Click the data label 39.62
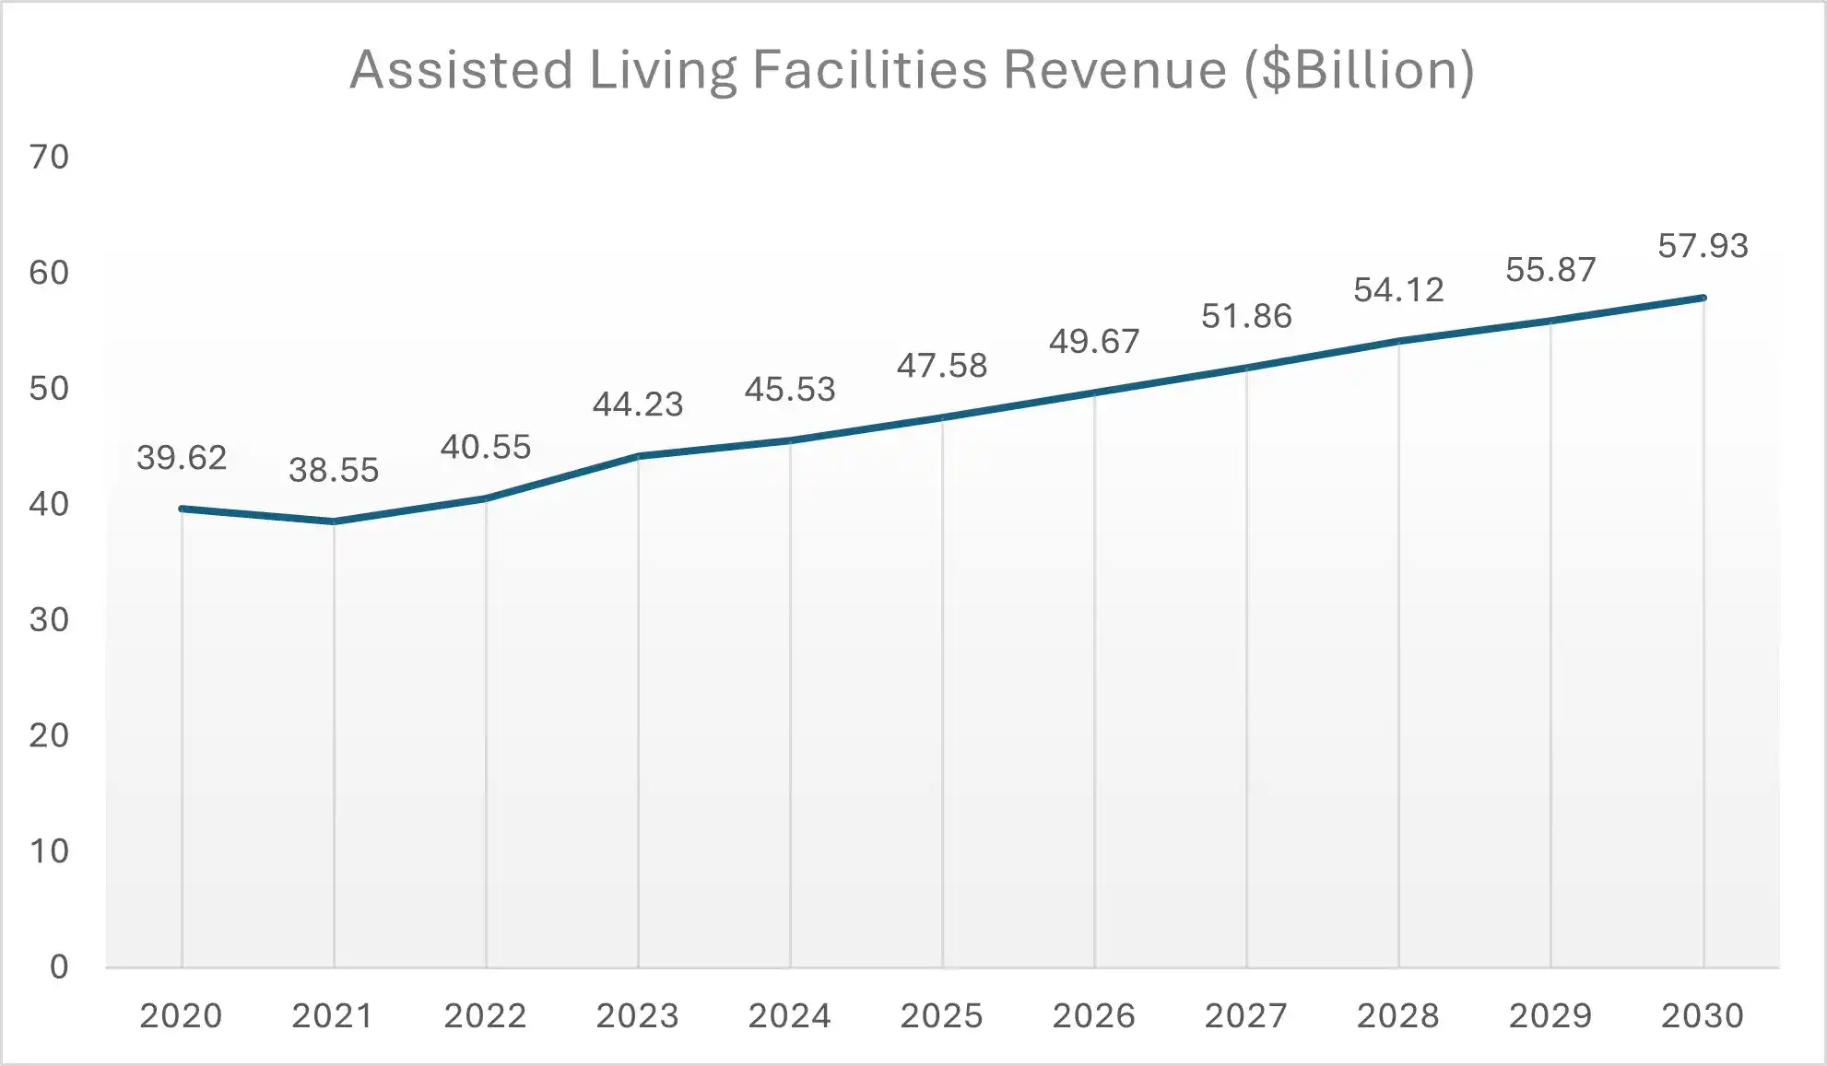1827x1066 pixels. [x=182, y=458]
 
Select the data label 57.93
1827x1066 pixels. [x=1703, y=246]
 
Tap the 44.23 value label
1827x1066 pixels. [x=638, y=404]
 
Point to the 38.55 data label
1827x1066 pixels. [x=334, y=471]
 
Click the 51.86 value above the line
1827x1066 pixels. [x=1246, y=317]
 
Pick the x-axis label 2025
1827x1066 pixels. [x=941, y=1016]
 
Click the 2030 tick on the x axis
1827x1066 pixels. [x=1702, y=1016]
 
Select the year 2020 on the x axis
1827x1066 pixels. [x=181, y=1016]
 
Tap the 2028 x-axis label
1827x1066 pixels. [x=1397, y=1016]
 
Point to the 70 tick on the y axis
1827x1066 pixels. [x=49, y=158]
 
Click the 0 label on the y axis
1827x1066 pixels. [x=59, y=966]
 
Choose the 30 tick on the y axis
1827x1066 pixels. [x=49, y=620]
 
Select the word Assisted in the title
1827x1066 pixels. [x=462, y=70]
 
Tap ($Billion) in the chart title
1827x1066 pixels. [x=1359, y=70]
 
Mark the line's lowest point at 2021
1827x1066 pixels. [x=334, y=521]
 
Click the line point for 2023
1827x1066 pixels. [x=638, y=456]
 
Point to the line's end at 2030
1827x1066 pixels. [x=1703, y=298]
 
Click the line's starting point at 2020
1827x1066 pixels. [x=182, y=509]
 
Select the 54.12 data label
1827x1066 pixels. [x=1398, y=290]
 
